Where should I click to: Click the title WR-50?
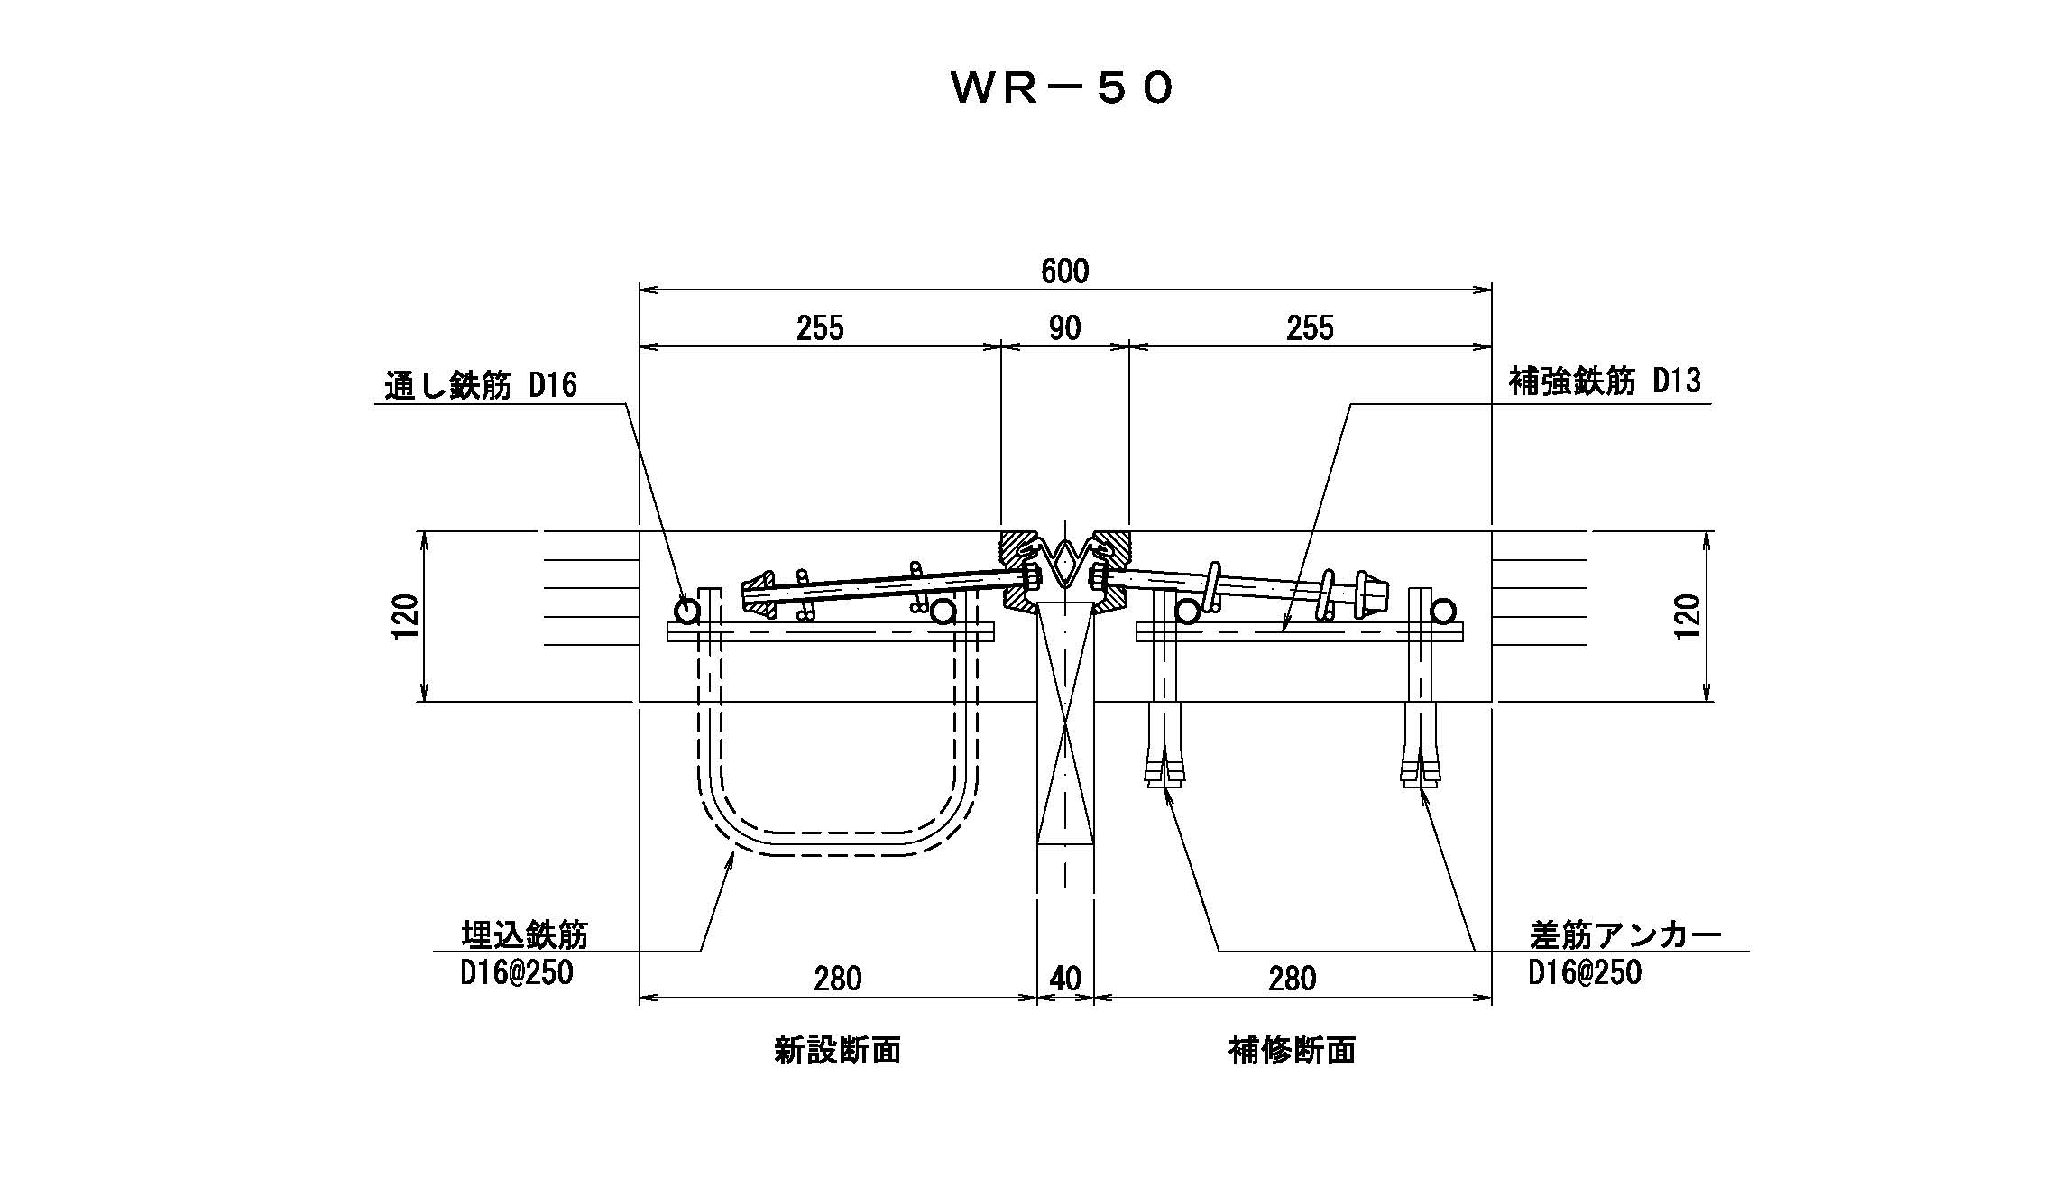[x=1063, y=88]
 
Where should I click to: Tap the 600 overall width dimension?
[x=1064, y=271]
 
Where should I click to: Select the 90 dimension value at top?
[x=1064, y=327]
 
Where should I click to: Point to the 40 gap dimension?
[x=1065, y=979]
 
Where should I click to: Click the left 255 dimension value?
[x=820, y=327]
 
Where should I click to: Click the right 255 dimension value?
[x=1310, y=327]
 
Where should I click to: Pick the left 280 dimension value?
[x=837, y=979]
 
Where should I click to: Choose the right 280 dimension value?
[x=1292, y=979]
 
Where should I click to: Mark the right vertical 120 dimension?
[x=1687, y=616]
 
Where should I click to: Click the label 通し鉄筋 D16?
[x=481, y=386]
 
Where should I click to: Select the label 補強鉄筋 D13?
[x=1605, y=382]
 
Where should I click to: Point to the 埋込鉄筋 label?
[x=524, y=935]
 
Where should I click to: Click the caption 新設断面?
[x=837, y=1050]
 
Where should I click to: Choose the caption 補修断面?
[x=1292, y=1050]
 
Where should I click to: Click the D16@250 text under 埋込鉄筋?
[x=517, y=973]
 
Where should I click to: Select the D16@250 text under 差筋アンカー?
[x=1585, y=972]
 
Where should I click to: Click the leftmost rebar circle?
[x=687, y=612]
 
